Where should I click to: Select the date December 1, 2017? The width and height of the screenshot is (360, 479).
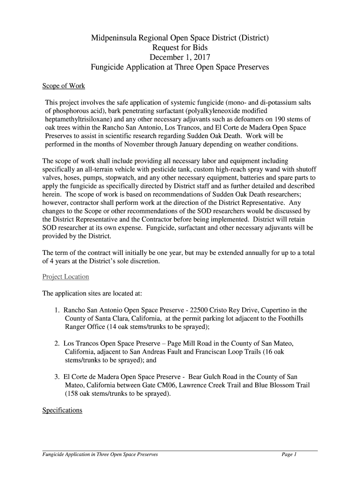pos(180,58)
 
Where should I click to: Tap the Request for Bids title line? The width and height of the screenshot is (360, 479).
pos(180,48)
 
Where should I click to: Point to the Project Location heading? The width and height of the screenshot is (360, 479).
pos(65,276)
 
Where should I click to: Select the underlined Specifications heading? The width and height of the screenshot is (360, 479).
pos(62,410)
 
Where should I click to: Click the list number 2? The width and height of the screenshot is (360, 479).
pos(56,343)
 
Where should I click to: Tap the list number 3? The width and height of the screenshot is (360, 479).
pos(56,377)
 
